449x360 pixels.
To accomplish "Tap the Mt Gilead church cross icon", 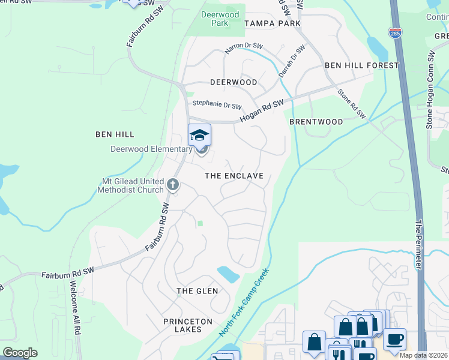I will tap(173, 184).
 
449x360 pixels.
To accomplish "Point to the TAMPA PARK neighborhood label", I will tap(273, 23).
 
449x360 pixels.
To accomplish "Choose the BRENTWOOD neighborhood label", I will tap(316, 122).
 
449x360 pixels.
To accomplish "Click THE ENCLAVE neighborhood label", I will tap(234, 176).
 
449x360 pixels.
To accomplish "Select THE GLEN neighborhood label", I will tap(197, 291).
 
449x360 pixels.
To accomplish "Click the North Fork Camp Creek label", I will tap(244, 303).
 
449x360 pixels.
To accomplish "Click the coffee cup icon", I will tap(394, 339).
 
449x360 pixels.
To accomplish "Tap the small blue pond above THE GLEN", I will tap(228, 274).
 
